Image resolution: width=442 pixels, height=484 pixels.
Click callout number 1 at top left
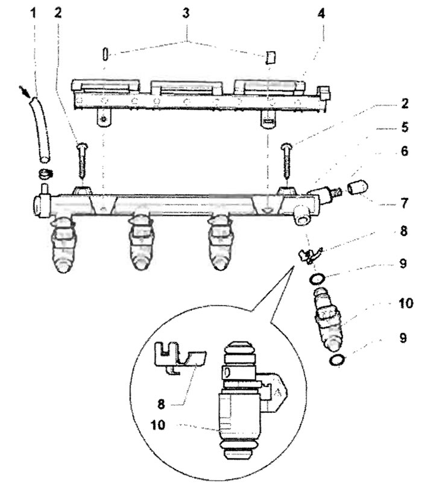coord(33,13)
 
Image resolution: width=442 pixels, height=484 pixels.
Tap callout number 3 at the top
coord(186,13)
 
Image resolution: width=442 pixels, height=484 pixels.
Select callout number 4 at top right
coord(321,13)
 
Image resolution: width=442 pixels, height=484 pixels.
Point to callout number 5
coord(405,127)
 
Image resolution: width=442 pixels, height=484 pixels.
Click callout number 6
coord(405,151)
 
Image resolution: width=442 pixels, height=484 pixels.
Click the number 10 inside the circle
coord(158,425)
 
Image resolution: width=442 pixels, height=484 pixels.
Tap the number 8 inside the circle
coord(161,404)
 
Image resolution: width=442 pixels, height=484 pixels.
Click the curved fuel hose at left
coord(41,130)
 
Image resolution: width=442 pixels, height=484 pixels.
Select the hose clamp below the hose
coord(45,174)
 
